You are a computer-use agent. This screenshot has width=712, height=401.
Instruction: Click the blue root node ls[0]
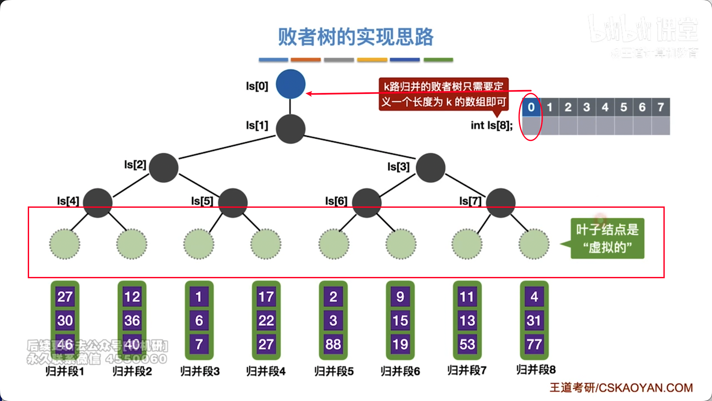coord(291,84)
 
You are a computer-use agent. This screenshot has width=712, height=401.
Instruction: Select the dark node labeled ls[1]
coord(291,129)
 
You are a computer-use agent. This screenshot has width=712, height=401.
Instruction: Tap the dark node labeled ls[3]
coord(430,168)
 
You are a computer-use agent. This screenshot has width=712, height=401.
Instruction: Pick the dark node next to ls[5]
coord(233,203)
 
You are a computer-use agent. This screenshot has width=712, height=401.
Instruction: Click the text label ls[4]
coord(68,201)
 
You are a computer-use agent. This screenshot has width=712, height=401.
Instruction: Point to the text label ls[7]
coord(470,201)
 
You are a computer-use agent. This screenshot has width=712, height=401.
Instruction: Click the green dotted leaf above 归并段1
coord(65,244)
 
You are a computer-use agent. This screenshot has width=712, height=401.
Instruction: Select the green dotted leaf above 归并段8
coord(534,244)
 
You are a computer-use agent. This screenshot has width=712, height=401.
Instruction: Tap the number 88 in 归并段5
coord(333,344)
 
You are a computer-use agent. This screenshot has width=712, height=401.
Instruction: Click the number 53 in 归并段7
coord(467,344)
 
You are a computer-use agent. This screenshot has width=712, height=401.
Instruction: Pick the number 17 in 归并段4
coord(266,297)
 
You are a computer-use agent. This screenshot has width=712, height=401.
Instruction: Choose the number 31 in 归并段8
coord(534,320)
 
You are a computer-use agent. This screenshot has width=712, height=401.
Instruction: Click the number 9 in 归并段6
coord(400,297)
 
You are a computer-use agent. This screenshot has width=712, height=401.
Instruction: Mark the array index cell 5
coord(623,107)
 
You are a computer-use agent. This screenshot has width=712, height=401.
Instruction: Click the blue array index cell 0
coord(531,107)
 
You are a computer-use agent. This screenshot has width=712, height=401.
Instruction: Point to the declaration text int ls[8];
coord(492,125)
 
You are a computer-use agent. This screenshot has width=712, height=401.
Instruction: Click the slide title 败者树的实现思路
coord(356,37)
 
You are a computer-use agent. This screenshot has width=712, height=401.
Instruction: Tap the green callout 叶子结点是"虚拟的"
coord(607,238)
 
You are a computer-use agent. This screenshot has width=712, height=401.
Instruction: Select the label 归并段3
coord(200,371)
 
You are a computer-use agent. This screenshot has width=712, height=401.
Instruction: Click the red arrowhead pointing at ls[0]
coord(309,94)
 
